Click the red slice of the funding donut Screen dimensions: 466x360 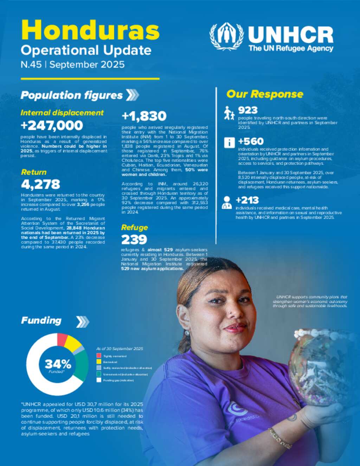[62, 339]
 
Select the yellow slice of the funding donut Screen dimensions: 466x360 [73, 343]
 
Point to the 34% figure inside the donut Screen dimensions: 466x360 [58, 364]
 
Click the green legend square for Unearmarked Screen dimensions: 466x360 [99, 374]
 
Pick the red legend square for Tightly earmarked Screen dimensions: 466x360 [99, 356]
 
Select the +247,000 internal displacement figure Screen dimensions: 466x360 [52, 125]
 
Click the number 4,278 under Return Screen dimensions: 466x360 [40, 184]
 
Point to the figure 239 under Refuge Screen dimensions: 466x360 [134, 240]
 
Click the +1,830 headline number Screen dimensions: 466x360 [144, 116]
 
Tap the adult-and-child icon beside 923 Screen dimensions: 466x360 [229, 113]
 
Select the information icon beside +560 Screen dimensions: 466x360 [229, 142]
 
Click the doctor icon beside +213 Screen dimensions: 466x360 [227, 203]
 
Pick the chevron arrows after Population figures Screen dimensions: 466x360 [132, 95]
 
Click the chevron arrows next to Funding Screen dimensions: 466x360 [83, 321]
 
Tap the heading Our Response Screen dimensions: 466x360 [265, 94]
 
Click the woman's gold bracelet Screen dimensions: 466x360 [280, 438]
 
